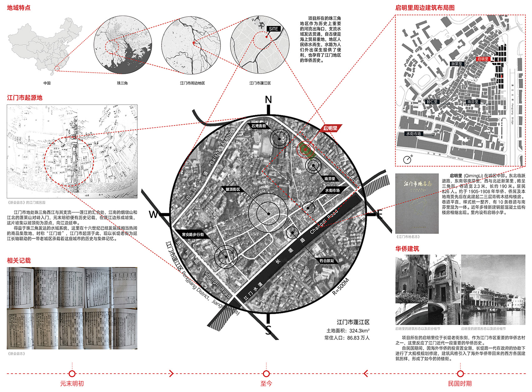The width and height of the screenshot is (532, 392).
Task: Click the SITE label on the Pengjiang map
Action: [x=273, y=29]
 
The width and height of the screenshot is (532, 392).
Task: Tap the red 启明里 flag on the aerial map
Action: [x=331, y=128]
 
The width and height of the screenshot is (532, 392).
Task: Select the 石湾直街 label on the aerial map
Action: [x=258, y=126]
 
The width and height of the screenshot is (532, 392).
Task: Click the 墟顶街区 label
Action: [x=233, y=189]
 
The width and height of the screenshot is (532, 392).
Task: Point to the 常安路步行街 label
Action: [x=193, y=234]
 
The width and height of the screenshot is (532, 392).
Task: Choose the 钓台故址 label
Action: [x=327, y=261]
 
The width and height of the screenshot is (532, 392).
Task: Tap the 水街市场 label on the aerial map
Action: [x=332, y=190]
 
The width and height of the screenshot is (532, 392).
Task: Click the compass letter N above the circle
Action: [x=268, y=100]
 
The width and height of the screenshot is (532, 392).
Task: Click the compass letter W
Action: [x=153, y=215]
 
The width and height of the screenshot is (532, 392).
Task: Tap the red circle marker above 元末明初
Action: [x=72, y=374]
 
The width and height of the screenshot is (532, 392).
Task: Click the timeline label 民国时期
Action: [x=460, y=384]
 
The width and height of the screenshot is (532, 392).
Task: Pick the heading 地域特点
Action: [x=19, y=8]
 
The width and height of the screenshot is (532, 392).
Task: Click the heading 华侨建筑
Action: [x=407, y=249]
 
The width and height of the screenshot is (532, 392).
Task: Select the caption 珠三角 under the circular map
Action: [x=122, y=83]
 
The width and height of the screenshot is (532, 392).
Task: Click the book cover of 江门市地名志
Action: [x=417, y=203]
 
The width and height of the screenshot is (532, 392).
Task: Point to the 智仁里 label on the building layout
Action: [x=432, y=102]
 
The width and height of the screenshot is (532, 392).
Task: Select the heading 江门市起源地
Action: [x=24, y=98]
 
